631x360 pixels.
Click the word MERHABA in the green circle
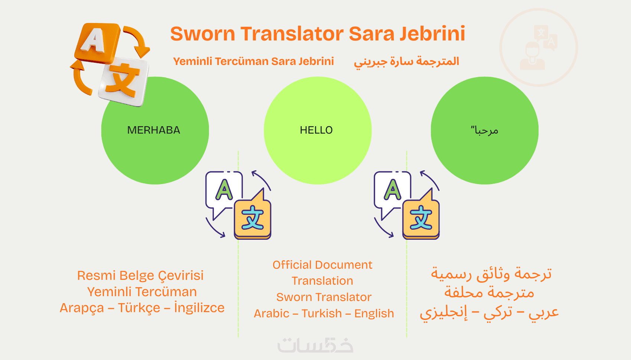click(x=154, y=130)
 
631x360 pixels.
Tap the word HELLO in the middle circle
click(x=316, y=130)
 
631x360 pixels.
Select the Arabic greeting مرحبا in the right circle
click(x=484, y=130)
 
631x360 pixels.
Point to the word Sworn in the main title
click(x=203, y=33)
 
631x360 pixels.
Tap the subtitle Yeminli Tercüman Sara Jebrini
click(x=253, y=61)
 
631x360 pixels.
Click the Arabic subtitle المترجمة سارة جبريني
click(x=406, y=62)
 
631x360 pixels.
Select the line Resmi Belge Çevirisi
click(x=140, y=276)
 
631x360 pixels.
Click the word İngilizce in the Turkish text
click(x=199, y=308)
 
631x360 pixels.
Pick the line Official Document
click(x=322, y=265)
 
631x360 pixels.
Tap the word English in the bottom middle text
click(x=374, y=314)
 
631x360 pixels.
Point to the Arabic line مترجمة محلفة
click(x=489, y=292)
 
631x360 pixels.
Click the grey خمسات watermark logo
click(x=315, y=345)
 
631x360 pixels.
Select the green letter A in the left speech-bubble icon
click(x=224, y=190)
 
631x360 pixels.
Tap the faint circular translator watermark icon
click(x=539, y=48)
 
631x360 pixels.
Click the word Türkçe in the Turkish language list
click(x=139, y=308)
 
